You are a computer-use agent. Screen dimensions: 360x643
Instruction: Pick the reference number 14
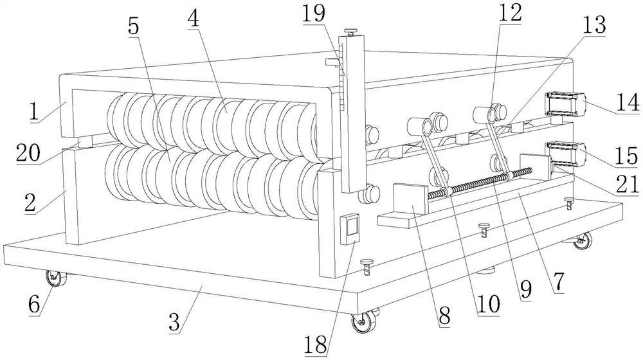[624, 102]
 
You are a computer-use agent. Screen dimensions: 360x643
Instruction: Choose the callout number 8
[444, 316]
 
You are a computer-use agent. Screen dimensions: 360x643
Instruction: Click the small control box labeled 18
[351, 229]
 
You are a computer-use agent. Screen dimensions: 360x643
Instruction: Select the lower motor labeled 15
[566, 152]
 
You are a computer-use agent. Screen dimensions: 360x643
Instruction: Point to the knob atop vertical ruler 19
[350, 30]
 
